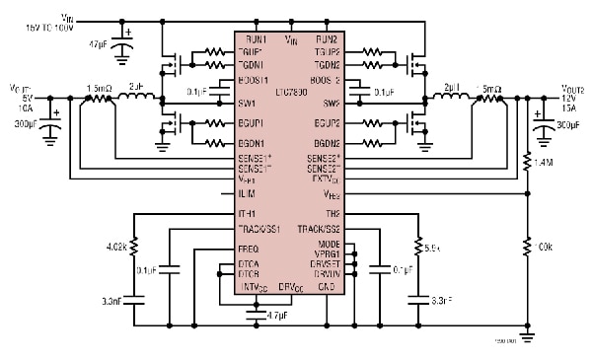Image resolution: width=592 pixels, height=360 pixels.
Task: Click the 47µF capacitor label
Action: [x=99, y=45]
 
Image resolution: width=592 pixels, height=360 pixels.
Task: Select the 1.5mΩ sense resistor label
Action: [x=100, y=88]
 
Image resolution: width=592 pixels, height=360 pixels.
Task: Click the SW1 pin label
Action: [x=247, y=103]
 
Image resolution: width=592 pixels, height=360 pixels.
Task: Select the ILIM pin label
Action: [x=247, y=193]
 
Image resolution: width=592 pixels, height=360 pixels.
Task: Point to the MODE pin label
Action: [x=330, y=243]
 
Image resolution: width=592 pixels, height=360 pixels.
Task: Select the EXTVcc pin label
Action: [x=326, y=179]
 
